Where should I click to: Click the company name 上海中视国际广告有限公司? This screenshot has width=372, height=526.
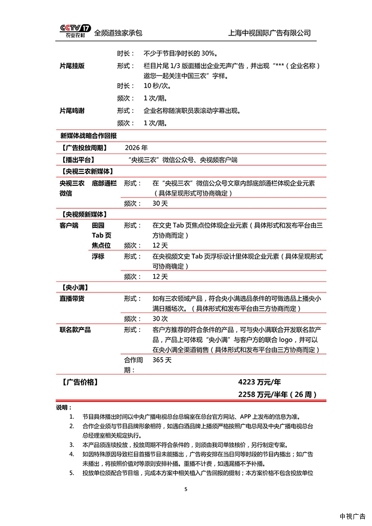coord(269,33)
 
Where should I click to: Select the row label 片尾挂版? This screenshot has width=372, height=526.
coord(72,66)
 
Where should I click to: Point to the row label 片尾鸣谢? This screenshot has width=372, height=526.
coord(72,110)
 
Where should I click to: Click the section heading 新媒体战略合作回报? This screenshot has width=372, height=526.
coord(88,135)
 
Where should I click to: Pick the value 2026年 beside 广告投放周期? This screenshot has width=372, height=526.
coord(135,148)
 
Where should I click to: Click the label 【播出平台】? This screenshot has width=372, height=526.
coord(80,160)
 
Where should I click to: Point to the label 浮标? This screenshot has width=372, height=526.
coord(98,256)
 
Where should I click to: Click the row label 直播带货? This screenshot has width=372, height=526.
coord(72,298)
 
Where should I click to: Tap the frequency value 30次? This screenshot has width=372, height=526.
coord(160,319)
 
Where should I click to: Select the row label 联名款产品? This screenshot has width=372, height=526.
coord(75,329)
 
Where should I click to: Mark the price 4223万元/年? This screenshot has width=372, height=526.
coord(260,382)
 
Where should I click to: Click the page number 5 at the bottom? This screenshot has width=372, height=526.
coord(186,489)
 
